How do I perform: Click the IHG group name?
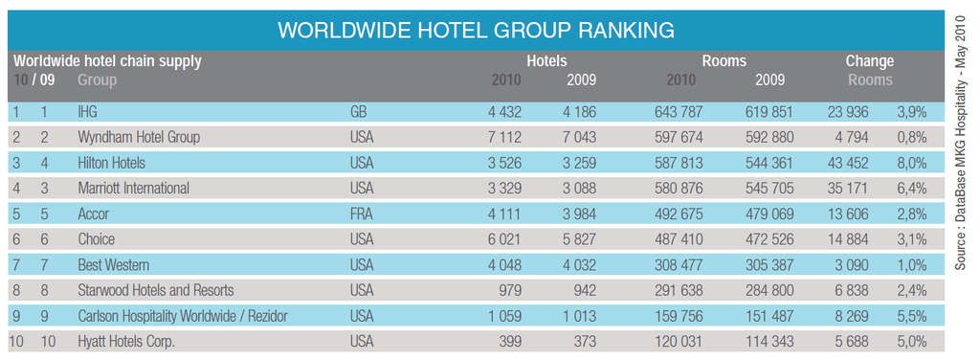[87, 112]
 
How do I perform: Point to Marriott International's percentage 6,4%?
[911, 189]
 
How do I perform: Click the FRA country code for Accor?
[362, 214]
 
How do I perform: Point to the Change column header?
[869, 61]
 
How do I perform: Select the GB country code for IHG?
[360, 112]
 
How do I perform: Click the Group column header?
[97, 80]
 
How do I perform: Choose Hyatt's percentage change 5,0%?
[911, 341]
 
